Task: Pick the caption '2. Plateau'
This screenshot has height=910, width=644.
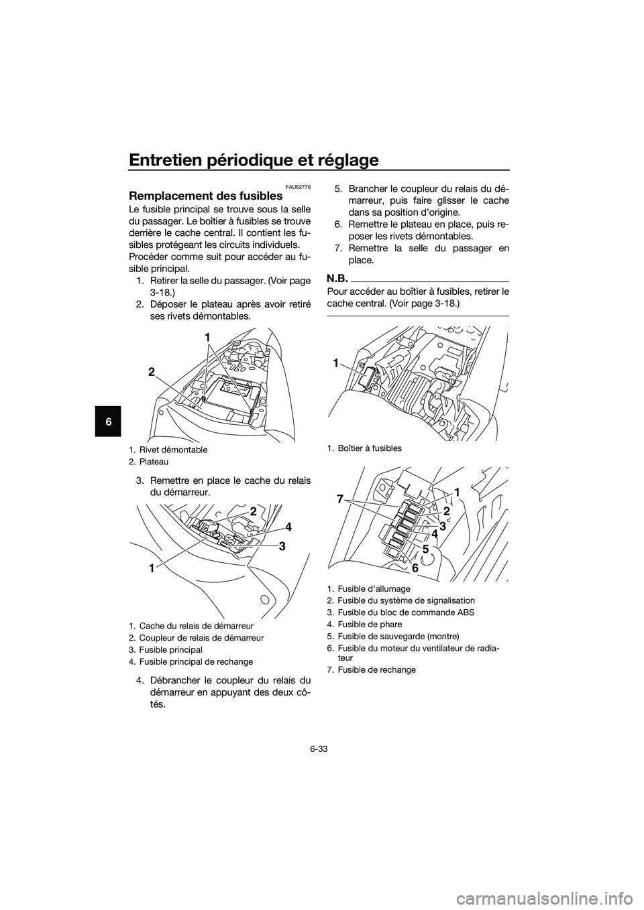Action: coord(154,462)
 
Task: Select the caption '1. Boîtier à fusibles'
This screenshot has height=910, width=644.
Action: coord(364,448)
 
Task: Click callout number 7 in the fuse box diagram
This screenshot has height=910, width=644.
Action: coord(340,499)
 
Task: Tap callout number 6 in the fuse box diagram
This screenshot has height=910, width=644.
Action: coord(415,568)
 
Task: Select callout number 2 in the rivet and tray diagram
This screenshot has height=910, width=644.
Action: coord(152,371)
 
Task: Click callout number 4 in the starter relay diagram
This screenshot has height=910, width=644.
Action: coord(288,525)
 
